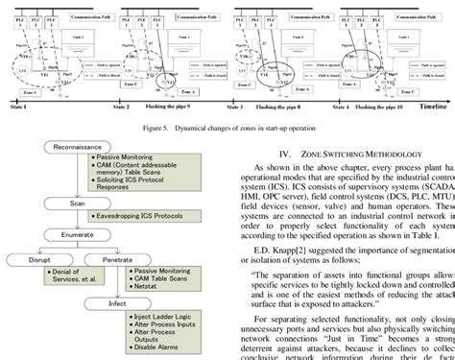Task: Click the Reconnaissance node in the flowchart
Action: coord(71,147)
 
